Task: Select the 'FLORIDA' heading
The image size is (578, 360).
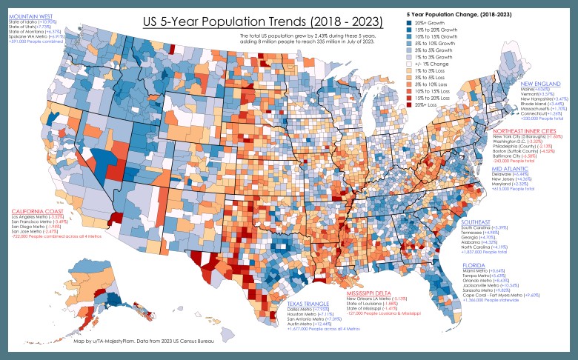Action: (475, 264)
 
